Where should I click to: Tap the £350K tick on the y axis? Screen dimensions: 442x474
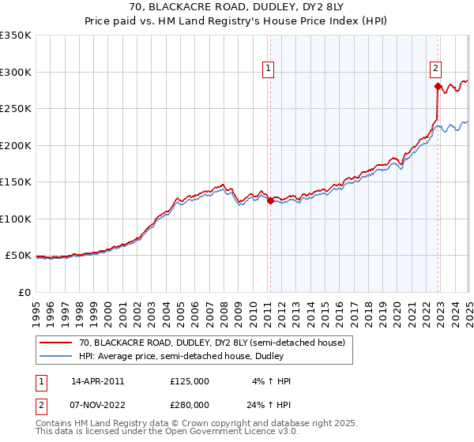16,36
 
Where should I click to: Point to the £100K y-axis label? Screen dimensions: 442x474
16,219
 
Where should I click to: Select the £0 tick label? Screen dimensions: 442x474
24,292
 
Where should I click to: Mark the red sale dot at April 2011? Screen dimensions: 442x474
270,200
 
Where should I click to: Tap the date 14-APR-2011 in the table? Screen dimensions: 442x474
98,381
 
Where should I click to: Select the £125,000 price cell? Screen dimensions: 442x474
190,381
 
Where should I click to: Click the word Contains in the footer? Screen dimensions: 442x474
56,423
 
